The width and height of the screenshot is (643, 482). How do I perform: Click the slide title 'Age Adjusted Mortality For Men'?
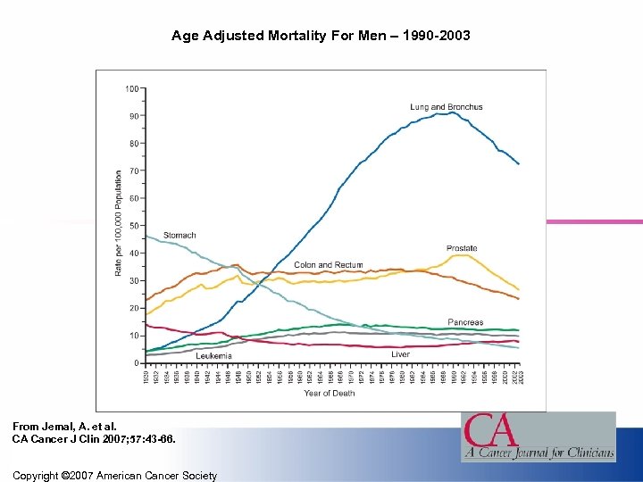320,37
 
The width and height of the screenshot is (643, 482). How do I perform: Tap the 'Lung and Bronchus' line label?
446,107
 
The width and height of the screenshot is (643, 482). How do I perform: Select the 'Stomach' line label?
180,236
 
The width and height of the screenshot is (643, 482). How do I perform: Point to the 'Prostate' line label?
462,248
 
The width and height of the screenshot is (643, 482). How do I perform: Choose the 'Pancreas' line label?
465,322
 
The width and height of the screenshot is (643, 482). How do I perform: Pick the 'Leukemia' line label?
213,355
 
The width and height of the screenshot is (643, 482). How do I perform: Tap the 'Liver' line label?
400,354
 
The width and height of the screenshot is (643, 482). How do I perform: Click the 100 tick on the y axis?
131,88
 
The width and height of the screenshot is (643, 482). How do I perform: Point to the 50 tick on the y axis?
133,226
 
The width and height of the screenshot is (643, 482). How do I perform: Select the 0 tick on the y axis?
136,363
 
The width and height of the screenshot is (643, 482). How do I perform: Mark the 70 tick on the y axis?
133,170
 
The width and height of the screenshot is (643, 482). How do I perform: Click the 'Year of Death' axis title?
329,393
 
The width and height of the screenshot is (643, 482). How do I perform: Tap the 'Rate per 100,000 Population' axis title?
118,223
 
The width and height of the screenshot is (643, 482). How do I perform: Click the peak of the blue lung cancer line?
455,112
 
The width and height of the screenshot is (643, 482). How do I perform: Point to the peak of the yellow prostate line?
461,255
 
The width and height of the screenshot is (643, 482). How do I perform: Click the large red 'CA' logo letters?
490,430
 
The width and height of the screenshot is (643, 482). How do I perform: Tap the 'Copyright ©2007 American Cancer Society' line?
114,476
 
